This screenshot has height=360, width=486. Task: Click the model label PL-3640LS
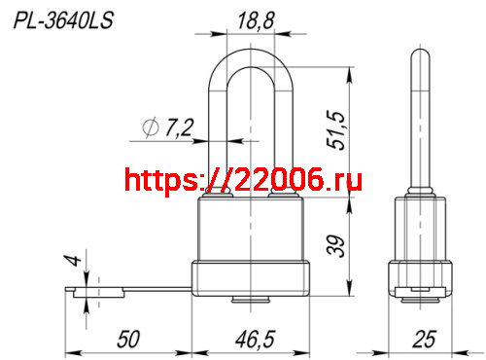[x=63, y=20]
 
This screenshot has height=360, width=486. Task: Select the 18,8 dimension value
[x=256, y=20]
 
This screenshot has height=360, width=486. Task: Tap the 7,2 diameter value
[x=179, y=127]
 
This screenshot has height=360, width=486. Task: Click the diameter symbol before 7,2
[x=151, y=126]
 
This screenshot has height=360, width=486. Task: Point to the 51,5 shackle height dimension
[x=335, y=130]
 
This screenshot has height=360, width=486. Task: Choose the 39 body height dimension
[x=336, y=246]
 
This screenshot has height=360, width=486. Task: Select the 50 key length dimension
[x=128, y=340]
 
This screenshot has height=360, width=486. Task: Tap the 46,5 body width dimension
[x=255, y=340]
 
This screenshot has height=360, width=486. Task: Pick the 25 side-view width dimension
[x=424, y=340]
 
